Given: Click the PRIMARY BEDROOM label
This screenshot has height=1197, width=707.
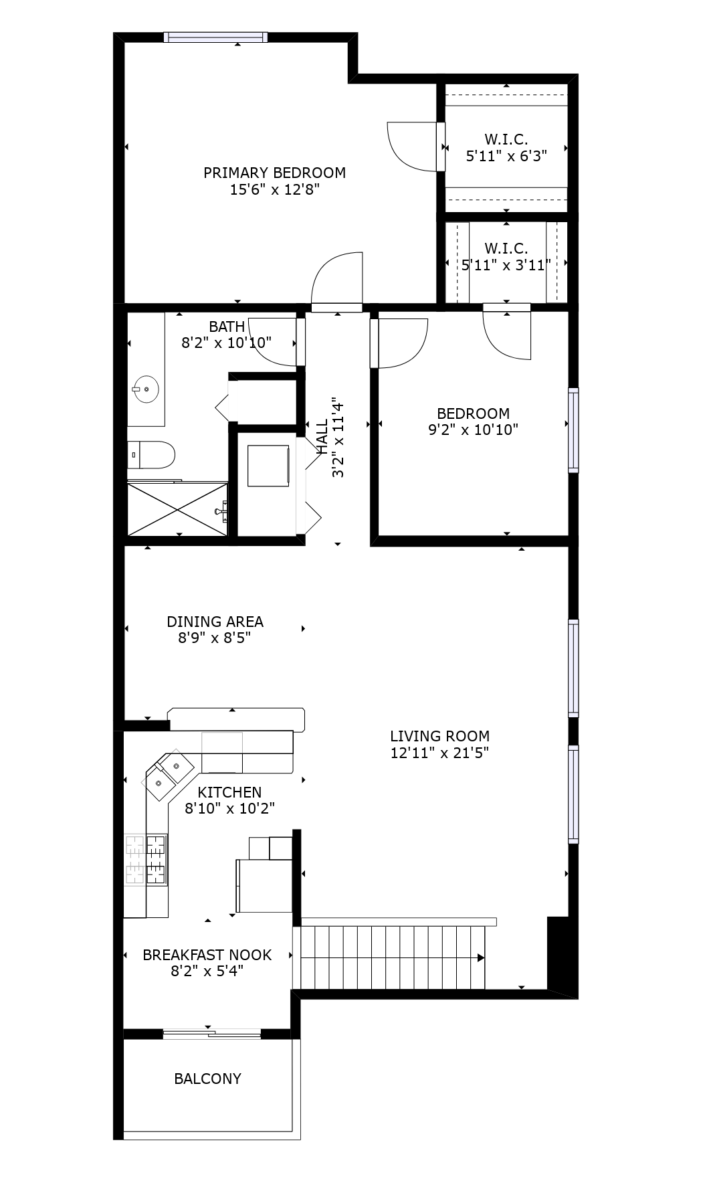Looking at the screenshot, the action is click(x=274, y=173).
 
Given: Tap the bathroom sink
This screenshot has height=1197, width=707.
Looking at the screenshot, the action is click(x=145, y=389).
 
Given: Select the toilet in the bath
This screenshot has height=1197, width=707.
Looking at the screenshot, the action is click(x=151, y=454).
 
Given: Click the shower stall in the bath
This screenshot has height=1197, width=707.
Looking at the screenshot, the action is click(x=178, y=509).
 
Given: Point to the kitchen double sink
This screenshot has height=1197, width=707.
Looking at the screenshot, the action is click(x=167, y=774).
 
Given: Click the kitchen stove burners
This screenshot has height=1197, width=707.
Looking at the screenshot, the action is click(x=146, y=860).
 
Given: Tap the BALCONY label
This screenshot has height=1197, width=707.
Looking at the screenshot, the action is click(x=207, y=1079).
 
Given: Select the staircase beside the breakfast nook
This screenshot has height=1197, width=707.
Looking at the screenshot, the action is click(x=392, y=957).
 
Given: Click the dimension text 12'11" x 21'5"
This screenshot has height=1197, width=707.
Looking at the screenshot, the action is click(x=439, y=753).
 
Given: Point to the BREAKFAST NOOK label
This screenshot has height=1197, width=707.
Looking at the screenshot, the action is click(x=207, y=955).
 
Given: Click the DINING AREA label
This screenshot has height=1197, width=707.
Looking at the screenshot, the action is click(x=215, y=622).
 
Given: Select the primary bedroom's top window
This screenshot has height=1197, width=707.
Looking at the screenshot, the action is click(x=216, y=37).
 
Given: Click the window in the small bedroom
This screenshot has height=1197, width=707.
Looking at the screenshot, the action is click(x=573, y=430).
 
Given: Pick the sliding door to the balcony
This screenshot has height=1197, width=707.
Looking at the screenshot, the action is click(x=211, y=1034).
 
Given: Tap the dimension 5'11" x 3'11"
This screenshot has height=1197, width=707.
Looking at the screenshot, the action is click(x=506, y=265).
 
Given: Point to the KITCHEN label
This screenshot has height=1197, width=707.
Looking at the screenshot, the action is click(x=229, y=792).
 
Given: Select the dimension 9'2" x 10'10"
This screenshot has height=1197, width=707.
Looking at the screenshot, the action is click(x=474, y=430).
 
